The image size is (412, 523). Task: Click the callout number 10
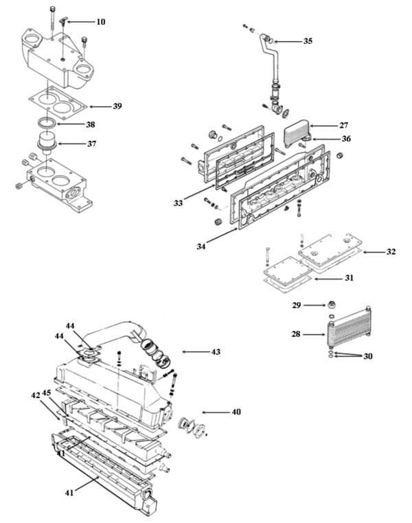tap(100, 22)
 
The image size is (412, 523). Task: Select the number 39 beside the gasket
tap(117, 106)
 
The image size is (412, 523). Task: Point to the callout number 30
tap(368, 356)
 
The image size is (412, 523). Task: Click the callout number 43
tap(216, 351)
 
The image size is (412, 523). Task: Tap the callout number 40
tap(236, 412)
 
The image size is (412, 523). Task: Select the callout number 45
tap(47, 393)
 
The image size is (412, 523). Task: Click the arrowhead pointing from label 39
tap(92, 106)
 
